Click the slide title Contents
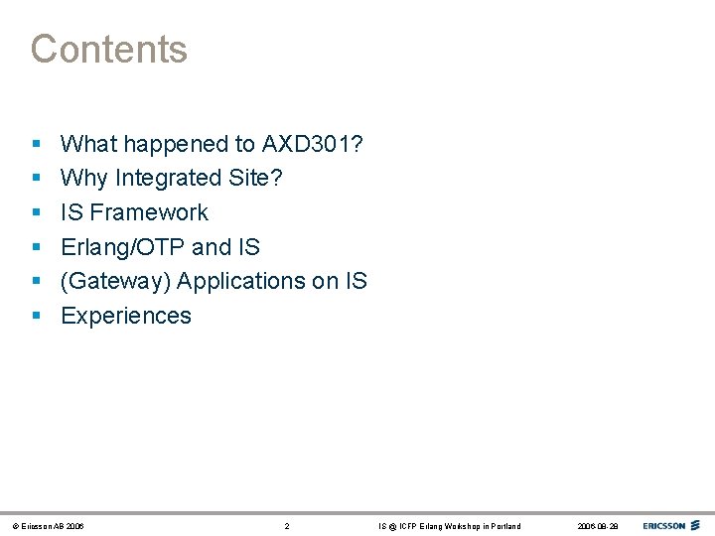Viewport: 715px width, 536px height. pyautogui.click(x=108, y=49)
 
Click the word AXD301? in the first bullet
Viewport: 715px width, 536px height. pyautogui.click(x=313, y=144)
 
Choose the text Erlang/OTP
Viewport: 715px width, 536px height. pyautogui.click(x=121, y=247)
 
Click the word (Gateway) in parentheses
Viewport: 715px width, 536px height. pyautogui.click(x=115, y=282)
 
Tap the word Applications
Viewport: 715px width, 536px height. pyautogui.click(x=242, y=282)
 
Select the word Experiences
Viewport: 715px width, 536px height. pyautogui.click(x=126, y=316)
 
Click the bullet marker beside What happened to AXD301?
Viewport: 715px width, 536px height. pyautogui.click(x=36, y=145)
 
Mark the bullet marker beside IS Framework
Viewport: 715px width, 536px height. pyautogui.click(x=36, y=213)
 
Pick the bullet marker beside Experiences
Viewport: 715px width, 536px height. pyautogui.click(x=36, y=317)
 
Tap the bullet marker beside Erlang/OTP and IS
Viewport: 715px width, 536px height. pyautogui.click(x=36, y=248)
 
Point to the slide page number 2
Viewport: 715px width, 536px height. pyautogui.click(x=287, y=526)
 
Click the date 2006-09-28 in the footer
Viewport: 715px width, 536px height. pyautogui.click(x=597, y=526)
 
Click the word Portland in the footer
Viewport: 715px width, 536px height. pyautogui.click(x=504, y=526)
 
